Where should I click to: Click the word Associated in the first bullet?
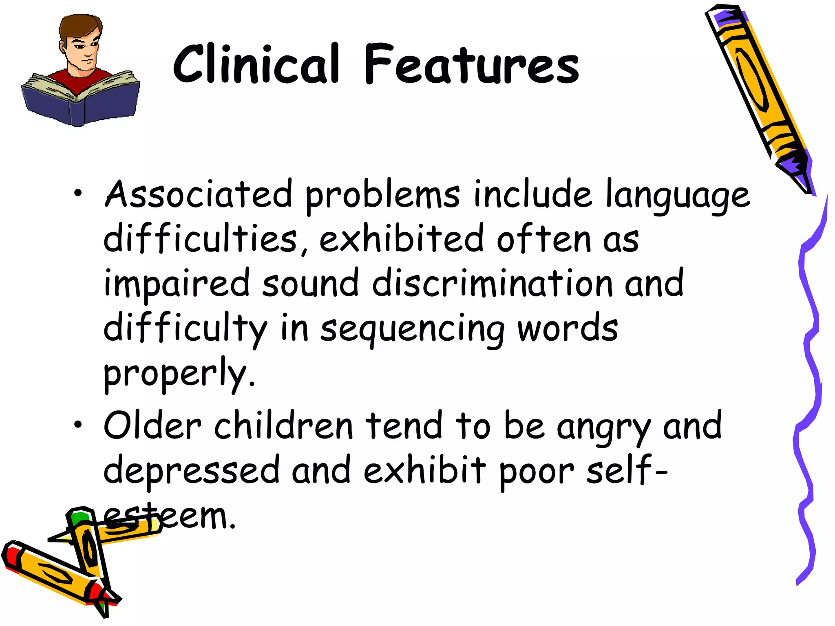click(199, 195)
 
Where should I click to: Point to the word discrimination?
click(493, 283)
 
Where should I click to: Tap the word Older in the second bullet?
click(152, 426)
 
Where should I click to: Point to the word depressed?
click(191, 471)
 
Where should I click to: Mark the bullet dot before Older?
click(77, 424)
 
